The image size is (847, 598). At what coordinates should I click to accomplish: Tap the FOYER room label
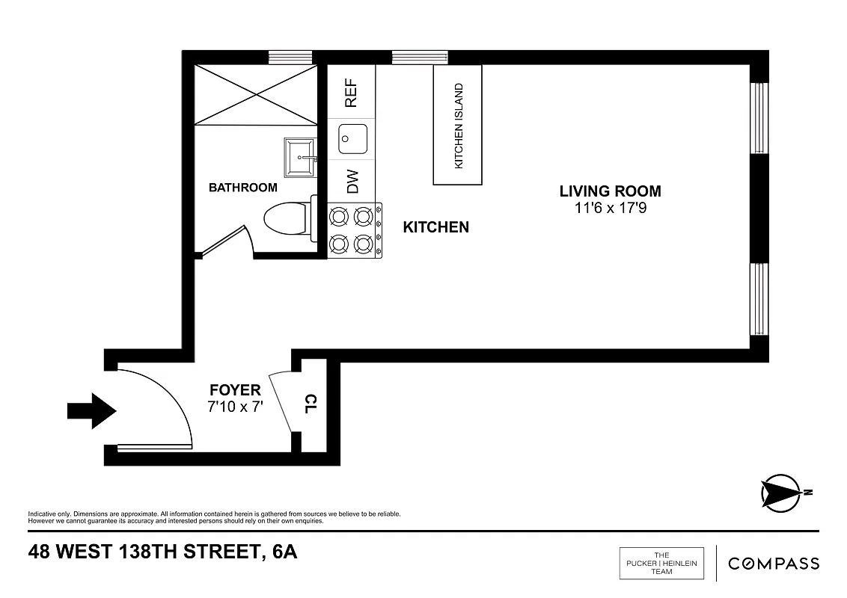[235, 390]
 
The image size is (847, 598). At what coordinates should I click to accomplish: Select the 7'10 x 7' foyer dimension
[235, 407]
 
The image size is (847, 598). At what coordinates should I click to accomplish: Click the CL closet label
[311, 404]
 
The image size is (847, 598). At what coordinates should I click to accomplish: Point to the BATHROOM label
[242, 188]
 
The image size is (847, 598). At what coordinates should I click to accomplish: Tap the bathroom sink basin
[302, 156]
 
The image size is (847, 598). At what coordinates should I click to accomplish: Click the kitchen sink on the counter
[350, 138]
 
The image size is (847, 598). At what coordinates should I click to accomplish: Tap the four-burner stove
[353, 230]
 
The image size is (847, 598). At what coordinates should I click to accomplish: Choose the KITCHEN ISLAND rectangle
[458, 125]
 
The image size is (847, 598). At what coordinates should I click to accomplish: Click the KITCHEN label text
[436, 227]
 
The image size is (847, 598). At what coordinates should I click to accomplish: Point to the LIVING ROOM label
[610, 191]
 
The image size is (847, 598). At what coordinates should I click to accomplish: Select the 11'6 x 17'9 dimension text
[610, 209]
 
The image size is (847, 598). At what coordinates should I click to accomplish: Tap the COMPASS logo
[774, 564]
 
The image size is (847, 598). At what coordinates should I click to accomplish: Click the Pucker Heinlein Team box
[661, 564]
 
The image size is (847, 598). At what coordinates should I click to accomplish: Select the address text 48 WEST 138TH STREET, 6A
[162, 553]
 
